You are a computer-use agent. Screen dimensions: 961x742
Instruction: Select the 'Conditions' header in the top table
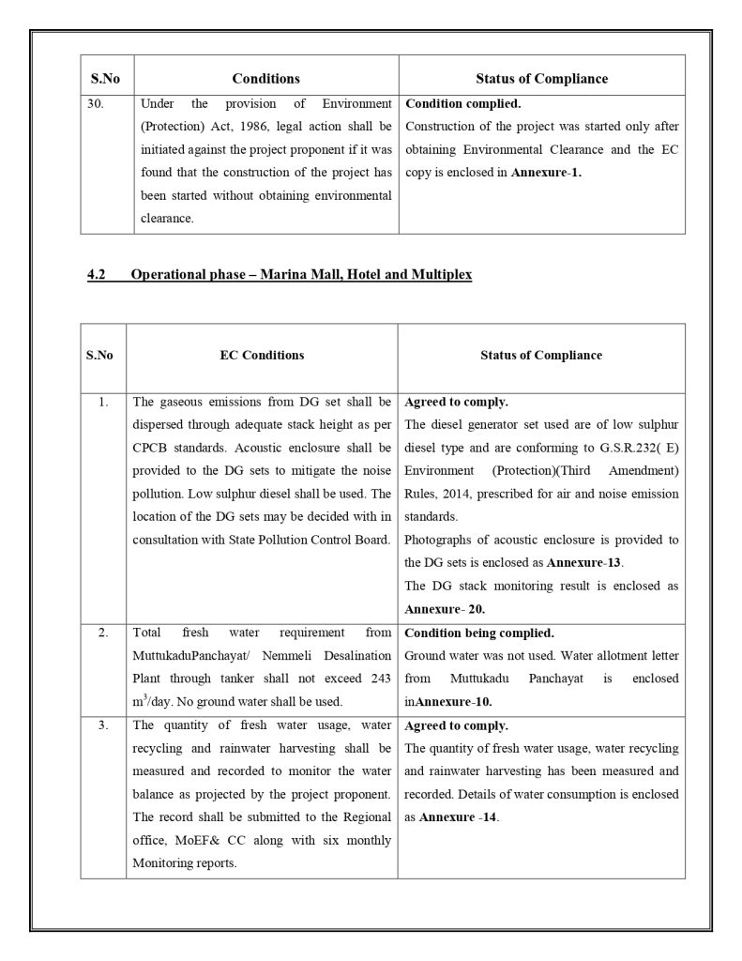coord(266,79)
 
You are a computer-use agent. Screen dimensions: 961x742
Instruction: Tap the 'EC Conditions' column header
coord(262,356)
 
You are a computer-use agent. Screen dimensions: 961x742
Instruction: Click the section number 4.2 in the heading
coord(97,275)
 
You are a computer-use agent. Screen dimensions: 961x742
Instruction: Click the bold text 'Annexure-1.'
coord(546,174)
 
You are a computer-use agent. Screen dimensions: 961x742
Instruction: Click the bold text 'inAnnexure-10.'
coord(448,701)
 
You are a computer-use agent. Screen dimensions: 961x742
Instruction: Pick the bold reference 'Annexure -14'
coord(458,817)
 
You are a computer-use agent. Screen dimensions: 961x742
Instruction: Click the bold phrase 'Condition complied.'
coord(462,104)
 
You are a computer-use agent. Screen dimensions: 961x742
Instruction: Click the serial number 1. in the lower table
coord(103,402)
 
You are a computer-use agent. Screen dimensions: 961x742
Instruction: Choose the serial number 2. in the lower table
coord(103,632)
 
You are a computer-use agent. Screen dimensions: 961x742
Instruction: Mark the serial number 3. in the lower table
coord(103,725)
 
